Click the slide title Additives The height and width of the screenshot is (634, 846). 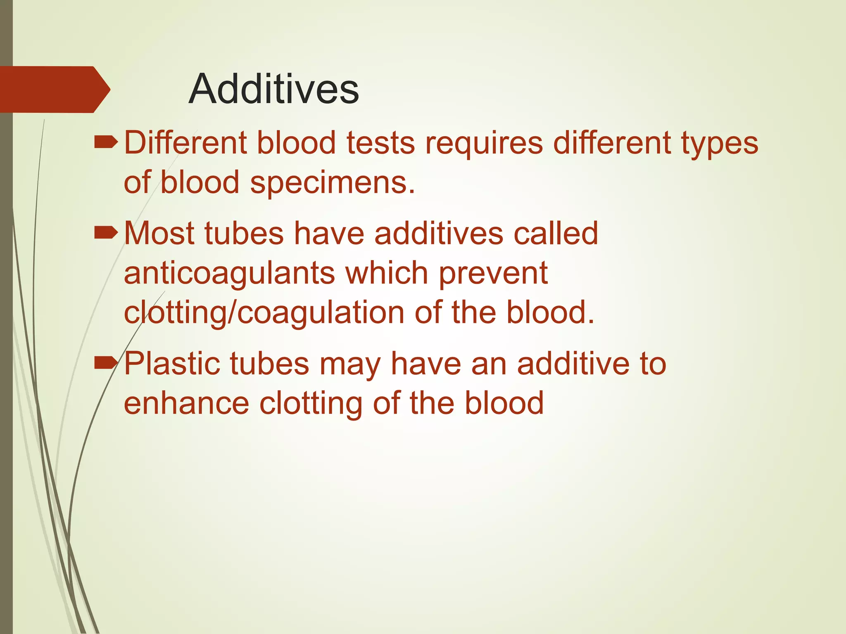(x=273, y=89)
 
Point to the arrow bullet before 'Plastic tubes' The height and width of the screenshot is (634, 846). (x=106, y=364)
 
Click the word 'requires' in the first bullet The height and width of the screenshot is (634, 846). (x=484, y=144)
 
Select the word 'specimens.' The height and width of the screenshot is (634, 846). (x=333, y=182)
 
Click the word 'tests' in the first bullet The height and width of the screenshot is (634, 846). (x=380, y=144)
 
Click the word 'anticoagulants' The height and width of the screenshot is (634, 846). (x=229, y=273)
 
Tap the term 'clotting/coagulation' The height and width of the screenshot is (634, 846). (x=264, y=312)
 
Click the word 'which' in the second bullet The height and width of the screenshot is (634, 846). (x=387, y=273)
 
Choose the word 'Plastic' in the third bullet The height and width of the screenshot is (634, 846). (x=171, y=364)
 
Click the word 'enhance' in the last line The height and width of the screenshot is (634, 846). (x=186, y=403)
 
